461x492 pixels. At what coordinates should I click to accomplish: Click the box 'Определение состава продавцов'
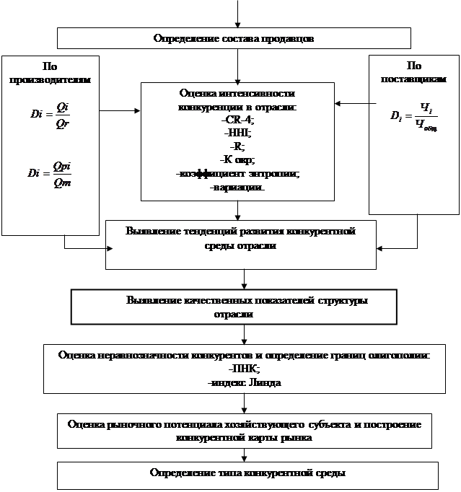234,38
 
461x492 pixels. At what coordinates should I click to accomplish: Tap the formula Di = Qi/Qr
49,116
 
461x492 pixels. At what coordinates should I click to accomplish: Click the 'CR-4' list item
237,119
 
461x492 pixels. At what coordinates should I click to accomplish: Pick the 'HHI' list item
237,132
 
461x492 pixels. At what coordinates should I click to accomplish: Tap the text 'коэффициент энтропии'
237,174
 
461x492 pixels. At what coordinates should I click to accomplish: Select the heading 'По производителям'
50,73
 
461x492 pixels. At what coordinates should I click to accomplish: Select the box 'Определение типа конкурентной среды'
247,473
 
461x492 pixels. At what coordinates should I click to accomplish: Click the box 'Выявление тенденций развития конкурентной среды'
241,239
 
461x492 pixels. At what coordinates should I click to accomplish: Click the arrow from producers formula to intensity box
120,111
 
